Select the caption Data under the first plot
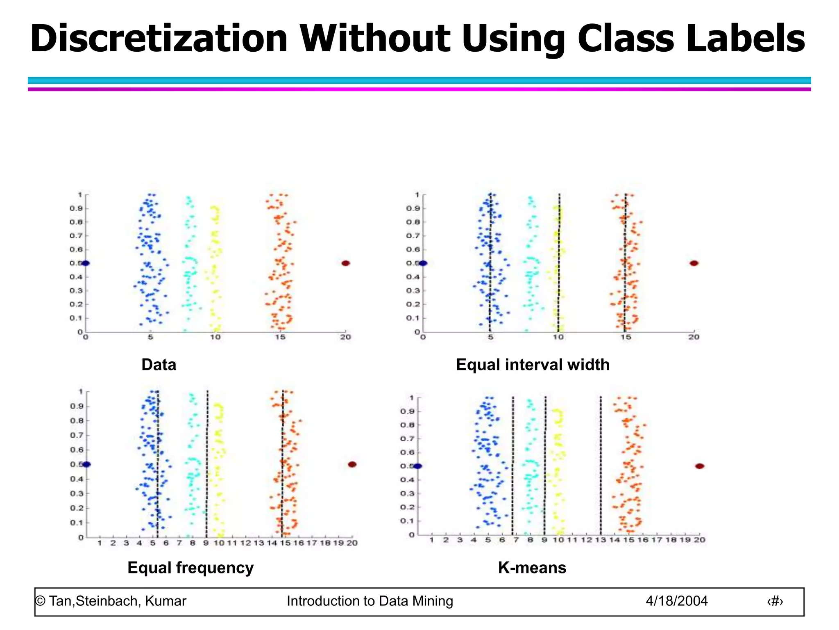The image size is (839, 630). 159,365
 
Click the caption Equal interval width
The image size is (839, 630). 533,365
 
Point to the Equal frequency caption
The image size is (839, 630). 190,568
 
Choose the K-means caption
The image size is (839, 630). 532,568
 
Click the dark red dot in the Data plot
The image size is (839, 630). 346,263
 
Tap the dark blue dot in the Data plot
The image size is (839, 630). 85,263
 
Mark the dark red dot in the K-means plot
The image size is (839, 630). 700,466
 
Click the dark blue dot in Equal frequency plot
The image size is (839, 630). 86,464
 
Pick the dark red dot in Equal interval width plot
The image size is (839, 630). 694,263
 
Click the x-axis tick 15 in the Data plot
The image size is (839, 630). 280,337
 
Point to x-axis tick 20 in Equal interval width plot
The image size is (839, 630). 694,337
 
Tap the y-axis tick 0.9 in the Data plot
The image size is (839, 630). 76,208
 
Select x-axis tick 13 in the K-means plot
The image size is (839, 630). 601,540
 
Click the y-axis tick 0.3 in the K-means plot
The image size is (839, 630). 407,493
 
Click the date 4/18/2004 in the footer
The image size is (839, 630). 677,601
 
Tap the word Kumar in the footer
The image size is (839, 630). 166,601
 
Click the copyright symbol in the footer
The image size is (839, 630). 40,601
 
